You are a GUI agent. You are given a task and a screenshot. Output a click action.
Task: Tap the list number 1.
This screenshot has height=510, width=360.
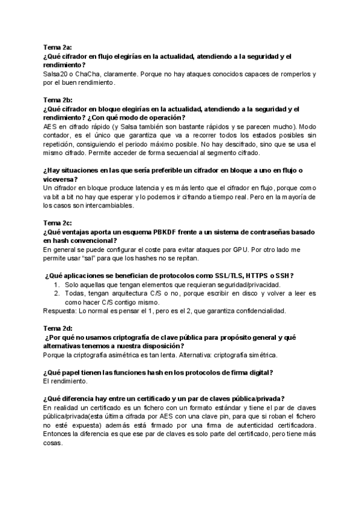coord(57,284)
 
